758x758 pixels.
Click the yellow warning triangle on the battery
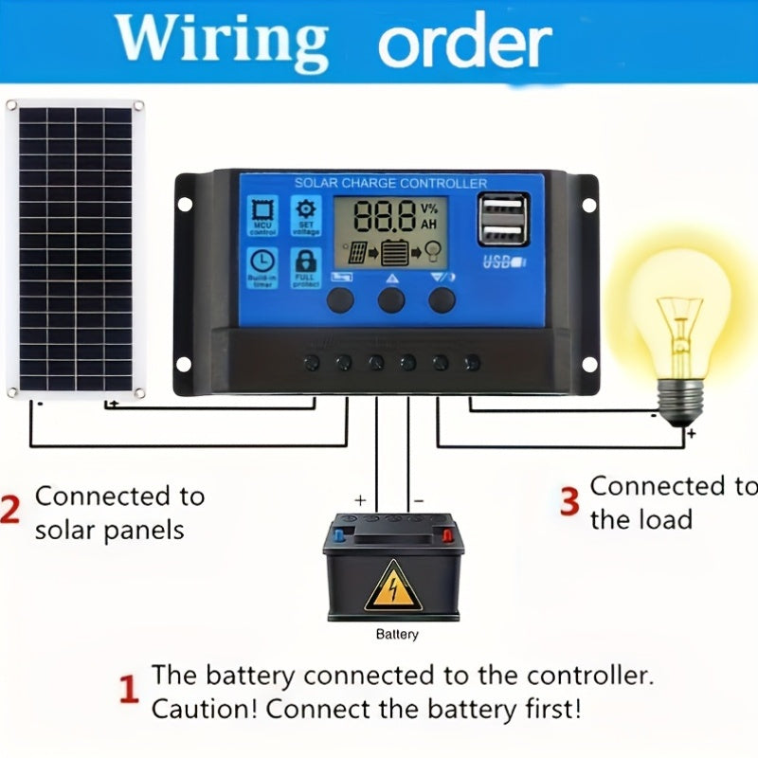click(394, 584)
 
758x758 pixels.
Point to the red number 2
click(10, 509)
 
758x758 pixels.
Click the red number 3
click(568, 502)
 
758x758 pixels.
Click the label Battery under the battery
click(396, 635)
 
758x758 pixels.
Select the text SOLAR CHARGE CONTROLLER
click(390, 183)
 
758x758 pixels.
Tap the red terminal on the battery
click(446, 536)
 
